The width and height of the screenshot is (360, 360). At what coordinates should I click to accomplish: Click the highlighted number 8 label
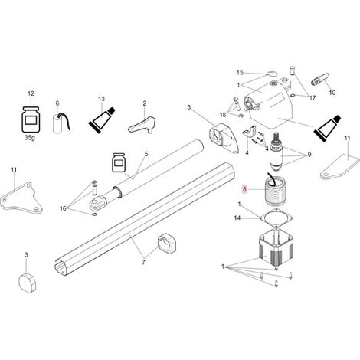pyautogui.click(x=244, y=189)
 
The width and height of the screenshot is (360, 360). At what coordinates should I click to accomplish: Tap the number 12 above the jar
pyautogui.click(x=31, y=93)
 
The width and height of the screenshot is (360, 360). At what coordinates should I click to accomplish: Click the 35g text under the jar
pyautogui.click(x=30, y=138)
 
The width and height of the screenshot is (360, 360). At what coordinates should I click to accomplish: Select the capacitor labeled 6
pyautogui.click(x=61, y=123)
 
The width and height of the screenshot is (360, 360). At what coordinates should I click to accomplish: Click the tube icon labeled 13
pyautogui.click(x=102, y=120)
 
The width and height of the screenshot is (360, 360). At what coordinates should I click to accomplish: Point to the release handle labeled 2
pyautogui.click(x=142, y=126)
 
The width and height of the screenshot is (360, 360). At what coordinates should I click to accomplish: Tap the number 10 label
pyautogui.click(x=332, y=92)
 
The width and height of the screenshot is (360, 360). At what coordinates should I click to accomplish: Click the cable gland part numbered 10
pyautogui.click(x=320, y=80)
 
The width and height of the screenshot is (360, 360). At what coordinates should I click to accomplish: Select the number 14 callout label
pyautogui.click(x=237, y=218)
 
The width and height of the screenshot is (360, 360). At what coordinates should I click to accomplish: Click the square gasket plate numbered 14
pyautogui.click(x=276, y=218)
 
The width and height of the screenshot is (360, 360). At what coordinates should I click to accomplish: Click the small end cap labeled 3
pyautogui.click(x=28, y=283)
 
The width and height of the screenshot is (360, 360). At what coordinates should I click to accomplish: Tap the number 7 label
pyautogui.click(x=143, y=262)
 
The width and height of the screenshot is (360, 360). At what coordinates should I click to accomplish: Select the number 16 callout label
pyautogui.click(x=63, y=208)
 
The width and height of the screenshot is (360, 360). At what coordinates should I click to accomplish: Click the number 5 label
pyautogui.click(x=146, y=154)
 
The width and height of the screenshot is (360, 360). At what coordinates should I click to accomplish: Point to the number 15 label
pyautogui.click(x=240, y=73)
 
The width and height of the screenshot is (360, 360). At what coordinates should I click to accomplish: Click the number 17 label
pyautogui.click(x=313, y=98)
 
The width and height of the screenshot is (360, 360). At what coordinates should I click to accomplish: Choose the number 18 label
pyautogui.click(x=223, y=115)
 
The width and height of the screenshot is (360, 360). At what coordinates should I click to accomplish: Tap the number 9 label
pyautogui.click(x=309, y=155)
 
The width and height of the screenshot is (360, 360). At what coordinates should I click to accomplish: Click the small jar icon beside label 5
pyautogui.click(x=119, y=162)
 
